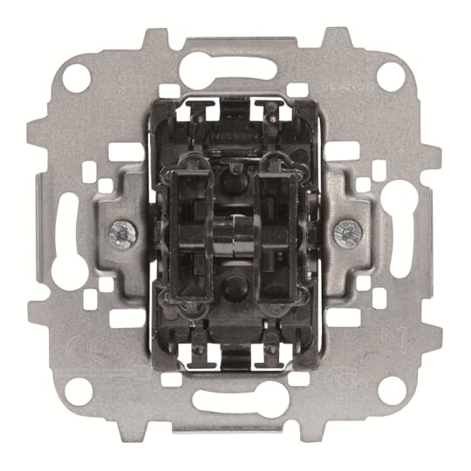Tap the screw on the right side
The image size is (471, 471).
click(x=345, y=231)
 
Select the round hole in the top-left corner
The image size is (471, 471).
click(x=77, y=77)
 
